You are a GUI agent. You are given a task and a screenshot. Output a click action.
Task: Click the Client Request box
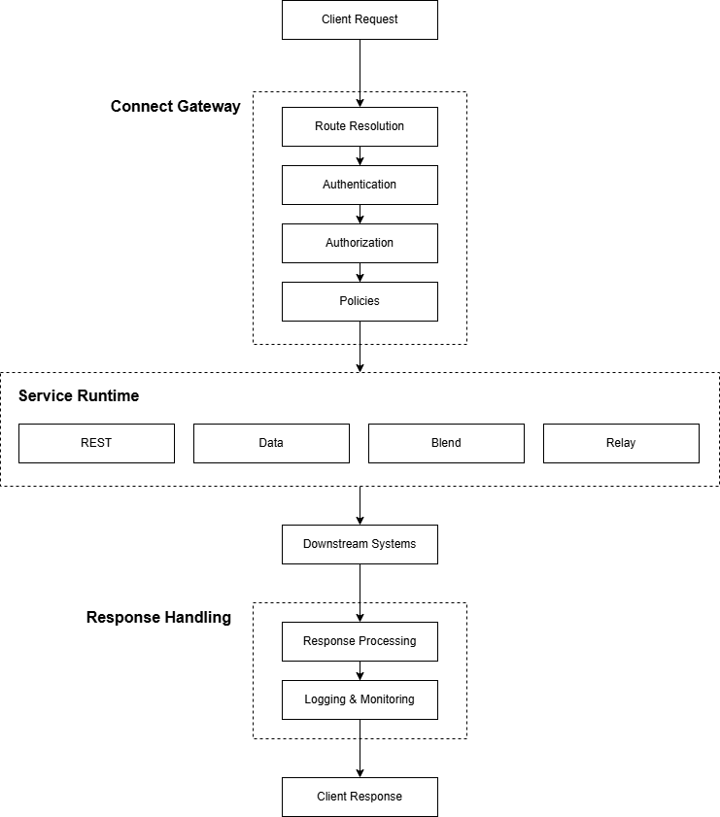point(360,19)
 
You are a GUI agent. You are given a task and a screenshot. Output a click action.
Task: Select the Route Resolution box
point(360,126)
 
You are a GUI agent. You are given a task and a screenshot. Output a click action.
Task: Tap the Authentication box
point(360,185)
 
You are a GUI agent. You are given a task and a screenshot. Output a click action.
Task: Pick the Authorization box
point(360,243)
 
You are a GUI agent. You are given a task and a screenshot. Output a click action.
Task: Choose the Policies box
point(360,301)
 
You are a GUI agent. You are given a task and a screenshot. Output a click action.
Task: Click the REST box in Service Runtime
point(96,443)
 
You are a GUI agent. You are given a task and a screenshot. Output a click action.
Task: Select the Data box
point(271,443)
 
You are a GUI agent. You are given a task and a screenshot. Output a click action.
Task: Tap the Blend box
point(446,443)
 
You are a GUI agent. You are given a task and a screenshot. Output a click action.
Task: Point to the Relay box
point(621,443)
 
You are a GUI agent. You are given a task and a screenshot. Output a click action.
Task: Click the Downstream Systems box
point(360,544)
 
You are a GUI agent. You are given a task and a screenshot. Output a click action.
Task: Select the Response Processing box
point(360,641)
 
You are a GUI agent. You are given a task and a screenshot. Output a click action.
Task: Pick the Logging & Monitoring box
point(360,699)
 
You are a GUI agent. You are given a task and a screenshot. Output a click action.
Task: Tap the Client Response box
point(360,797)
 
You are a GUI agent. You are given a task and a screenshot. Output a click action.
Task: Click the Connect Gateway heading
point(175,106)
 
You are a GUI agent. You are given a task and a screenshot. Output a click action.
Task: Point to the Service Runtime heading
point(79,395)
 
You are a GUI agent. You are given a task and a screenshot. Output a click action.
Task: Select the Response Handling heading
point(158,617)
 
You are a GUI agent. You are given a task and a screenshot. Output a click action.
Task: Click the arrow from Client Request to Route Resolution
point(360,73)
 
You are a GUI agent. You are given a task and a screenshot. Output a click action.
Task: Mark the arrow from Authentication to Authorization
point(360,215)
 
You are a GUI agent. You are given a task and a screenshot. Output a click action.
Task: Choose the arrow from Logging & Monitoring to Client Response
point(360,748)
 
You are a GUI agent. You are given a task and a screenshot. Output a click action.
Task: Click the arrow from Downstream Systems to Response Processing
point(360,593)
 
